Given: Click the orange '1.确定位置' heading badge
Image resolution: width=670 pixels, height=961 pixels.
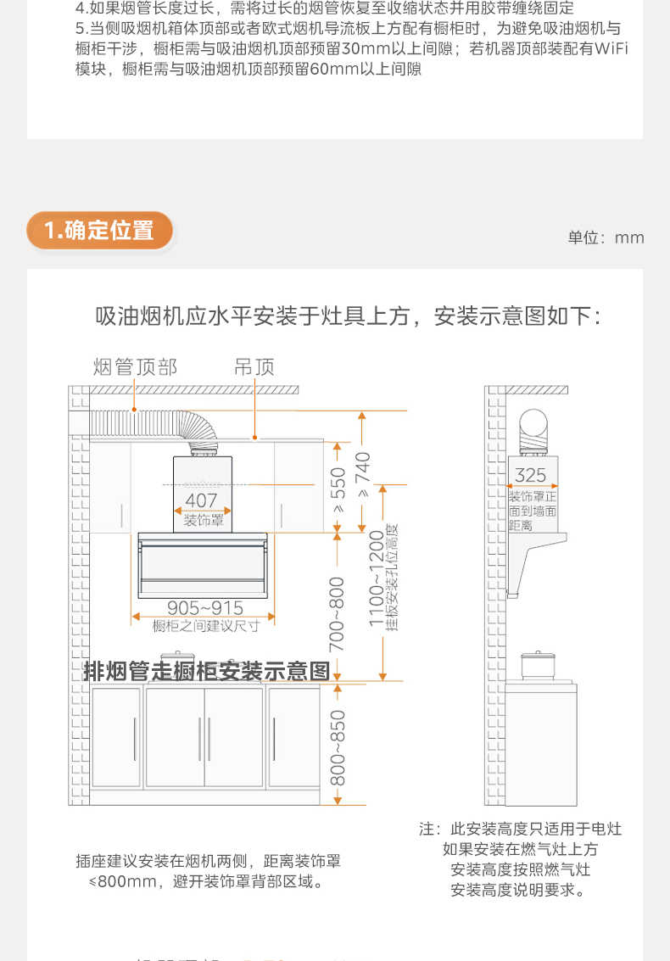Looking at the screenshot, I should [99, 231].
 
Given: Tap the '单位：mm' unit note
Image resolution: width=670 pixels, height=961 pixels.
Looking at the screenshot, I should [606, 237].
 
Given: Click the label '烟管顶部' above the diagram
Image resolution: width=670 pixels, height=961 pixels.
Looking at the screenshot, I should [135, 367].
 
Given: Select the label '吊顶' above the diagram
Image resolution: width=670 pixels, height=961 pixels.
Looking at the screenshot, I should [254, 367].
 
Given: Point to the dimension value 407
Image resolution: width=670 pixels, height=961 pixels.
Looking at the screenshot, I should [201, 500].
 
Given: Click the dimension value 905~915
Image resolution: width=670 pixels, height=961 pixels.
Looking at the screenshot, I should [204, 607].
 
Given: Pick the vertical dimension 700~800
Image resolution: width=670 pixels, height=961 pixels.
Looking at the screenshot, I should [338, 613].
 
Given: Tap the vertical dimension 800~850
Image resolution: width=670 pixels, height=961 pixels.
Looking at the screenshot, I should [338, 747].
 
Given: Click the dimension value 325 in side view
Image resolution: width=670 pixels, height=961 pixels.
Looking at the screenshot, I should [531, 476].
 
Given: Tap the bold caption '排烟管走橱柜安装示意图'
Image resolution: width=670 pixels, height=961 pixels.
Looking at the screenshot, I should [206, 671].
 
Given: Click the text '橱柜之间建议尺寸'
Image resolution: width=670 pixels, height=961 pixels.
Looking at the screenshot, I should [205, 626].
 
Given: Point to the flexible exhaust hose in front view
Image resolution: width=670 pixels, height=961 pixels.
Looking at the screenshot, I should [153, 423].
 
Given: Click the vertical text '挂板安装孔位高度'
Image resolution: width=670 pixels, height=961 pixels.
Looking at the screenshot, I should [392, 577].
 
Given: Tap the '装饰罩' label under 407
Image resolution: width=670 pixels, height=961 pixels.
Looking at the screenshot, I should [204, 520].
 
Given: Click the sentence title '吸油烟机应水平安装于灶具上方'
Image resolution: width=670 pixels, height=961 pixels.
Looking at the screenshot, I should [254, 316].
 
